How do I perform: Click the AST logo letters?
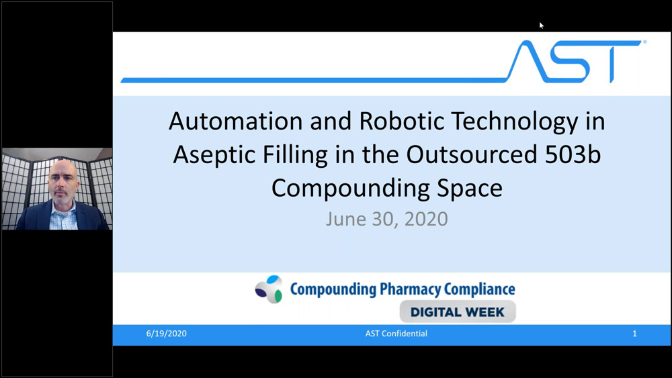pyautogui.click(x=574, y=61)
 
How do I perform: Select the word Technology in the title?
pyautogui.click(x=531, y=121)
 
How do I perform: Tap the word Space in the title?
pyautogui.click(x=469, y=188)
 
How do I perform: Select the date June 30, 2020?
pyautogui.click(x=386, y=220)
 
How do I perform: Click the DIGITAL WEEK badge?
pyautogui.click(x=458, y=312)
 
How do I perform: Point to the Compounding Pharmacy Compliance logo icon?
pyautogui.click(x=269, y=289)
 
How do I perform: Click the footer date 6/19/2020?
pyautogui.click(x=167, y=334)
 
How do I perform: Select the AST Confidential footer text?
pyautogui.click(x=396, y=334)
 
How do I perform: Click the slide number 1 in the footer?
pyautogui.click(x=634, y=334)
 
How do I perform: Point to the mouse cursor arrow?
pyautogui.click(x=542, y=26)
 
